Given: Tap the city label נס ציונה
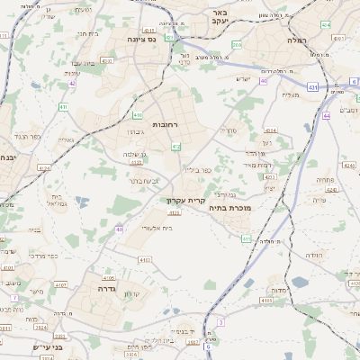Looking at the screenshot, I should point(142,39).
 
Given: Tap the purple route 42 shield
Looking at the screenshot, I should point(71,83).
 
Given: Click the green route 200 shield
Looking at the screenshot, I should point(237,44).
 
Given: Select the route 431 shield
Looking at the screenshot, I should point(64,107).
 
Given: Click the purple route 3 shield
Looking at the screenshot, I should point(220,321).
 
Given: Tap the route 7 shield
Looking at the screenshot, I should point(14,297).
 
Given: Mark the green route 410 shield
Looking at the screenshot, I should point(138,115).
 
